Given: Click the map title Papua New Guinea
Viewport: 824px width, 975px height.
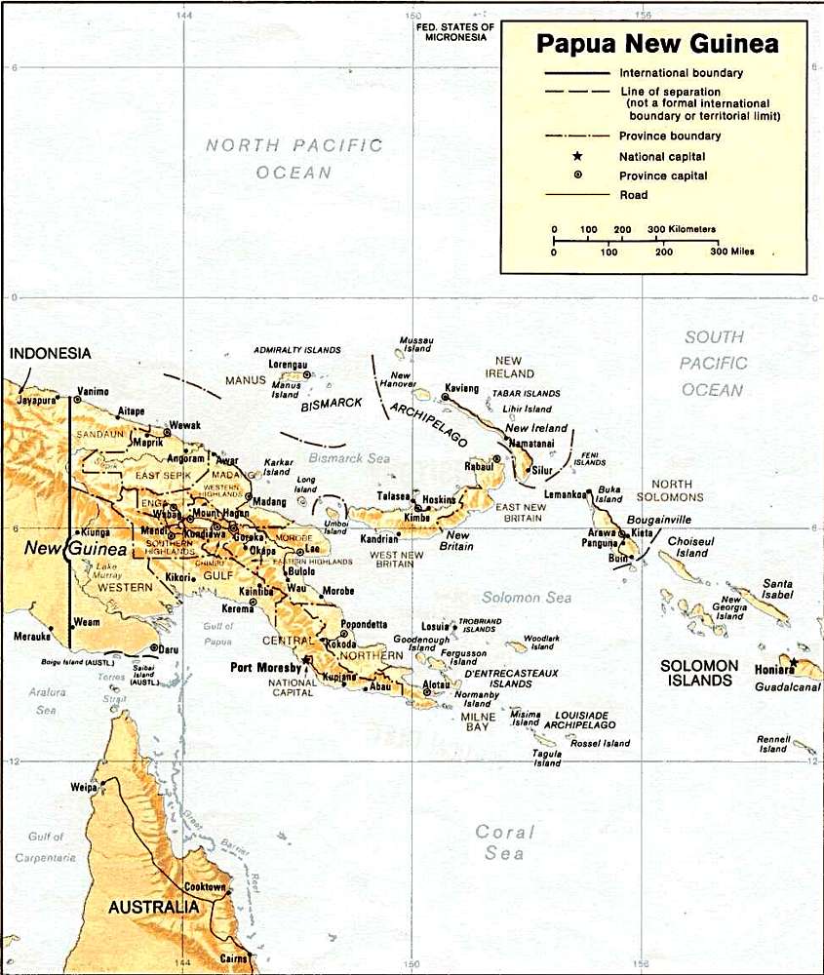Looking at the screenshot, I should [x=657, y=44].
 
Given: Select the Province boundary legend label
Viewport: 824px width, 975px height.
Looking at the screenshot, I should [x=670, y=136].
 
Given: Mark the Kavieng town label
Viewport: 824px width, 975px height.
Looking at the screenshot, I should [x=465, y=387].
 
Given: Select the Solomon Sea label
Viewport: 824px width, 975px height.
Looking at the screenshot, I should [x=527, y=598].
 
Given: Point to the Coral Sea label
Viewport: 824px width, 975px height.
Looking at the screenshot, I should [x=504, y=842].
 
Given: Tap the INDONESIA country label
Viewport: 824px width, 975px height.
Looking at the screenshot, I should [x=51, y=354].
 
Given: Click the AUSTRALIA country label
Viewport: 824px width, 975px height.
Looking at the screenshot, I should [x=153, y=907].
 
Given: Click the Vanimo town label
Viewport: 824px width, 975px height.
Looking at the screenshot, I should [x=93, y=390].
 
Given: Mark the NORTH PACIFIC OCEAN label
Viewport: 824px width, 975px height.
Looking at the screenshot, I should [x=294, y=159].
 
